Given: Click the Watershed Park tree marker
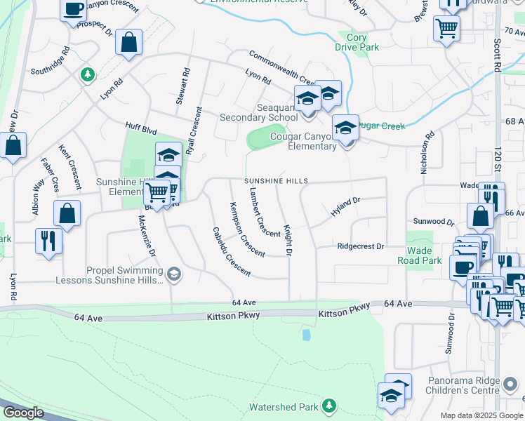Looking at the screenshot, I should (x=328, y=406).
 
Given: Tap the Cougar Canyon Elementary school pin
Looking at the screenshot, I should (x=345, y=128).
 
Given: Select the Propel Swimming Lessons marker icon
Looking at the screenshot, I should (x=173, y=274).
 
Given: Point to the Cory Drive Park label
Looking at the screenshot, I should (x=357, y=42).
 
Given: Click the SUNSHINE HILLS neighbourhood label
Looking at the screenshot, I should (x=277, y=181).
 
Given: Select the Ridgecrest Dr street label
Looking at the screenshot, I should (x=361, y=246).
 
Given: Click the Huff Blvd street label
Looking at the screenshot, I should (x=140, y=129).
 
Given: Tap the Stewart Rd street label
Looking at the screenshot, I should (x=183, y=86).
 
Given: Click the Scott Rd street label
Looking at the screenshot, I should (x=497, y=55).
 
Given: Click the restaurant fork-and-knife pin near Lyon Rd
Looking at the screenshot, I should (x=48, y=241).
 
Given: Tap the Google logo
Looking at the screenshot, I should (x=22, y=413).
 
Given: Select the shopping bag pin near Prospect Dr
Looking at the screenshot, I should (x=129, y=42).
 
